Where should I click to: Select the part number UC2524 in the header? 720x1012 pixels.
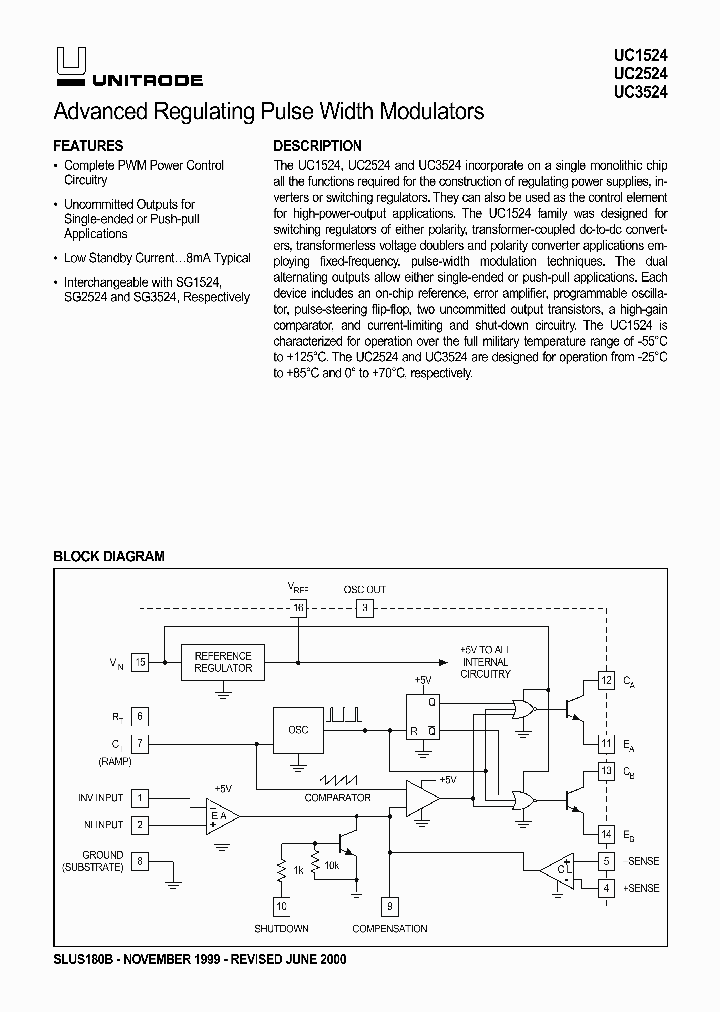point(641,74)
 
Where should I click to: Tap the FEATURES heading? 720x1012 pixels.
point(88,145)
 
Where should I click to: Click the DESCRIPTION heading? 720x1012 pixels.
point(317,145)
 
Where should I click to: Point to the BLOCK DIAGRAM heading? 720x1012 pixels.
point(108,556)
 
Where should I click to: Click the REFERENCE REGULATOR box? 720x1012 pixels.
point(223,662)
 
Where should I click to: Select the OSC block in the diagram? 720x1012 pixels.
point(298,730)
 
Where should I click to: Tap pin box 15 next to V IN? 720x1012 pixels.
point(141,662)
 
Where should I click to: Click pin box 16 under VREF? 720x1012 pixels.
point(298,608)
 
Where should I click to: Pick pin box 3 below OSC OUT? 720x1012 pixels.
point(365,608)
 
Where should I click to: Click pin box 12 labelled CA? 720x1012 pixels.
point(606,681)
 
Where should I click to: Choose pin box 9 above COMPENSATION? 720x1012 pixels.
point(388,906)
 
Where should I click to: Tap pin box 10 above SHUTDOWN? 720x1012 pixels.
point(281,906)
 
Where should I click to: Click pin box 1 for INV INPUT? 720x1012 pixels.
point(141,798)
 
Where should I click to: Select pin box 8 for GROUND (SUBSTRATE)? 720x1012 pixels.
point(141,861)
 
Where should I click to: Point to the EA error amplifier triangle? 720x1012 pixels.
point(219,816)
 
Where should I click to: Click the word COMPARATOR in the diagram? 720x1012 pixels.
point(338,797)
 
